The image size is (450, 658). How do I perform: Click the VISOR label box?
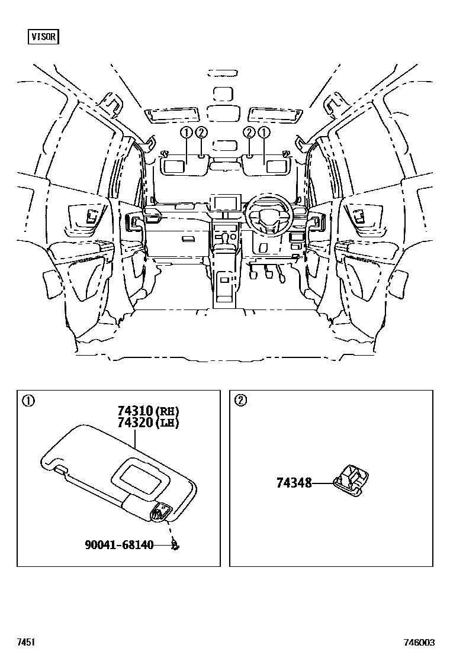[43, 37]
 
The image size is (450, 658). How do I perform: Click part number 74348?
[294, 483]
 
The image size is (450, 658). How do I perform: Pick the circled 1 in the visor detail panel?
[27, 401]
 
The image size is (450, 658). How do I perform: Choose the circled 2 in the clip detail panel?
[240, 401]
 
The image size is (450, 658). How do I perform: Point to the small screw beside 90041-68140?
[175, 544]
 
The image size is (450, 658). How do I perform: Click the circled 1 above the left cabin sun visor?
[186, 133]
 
